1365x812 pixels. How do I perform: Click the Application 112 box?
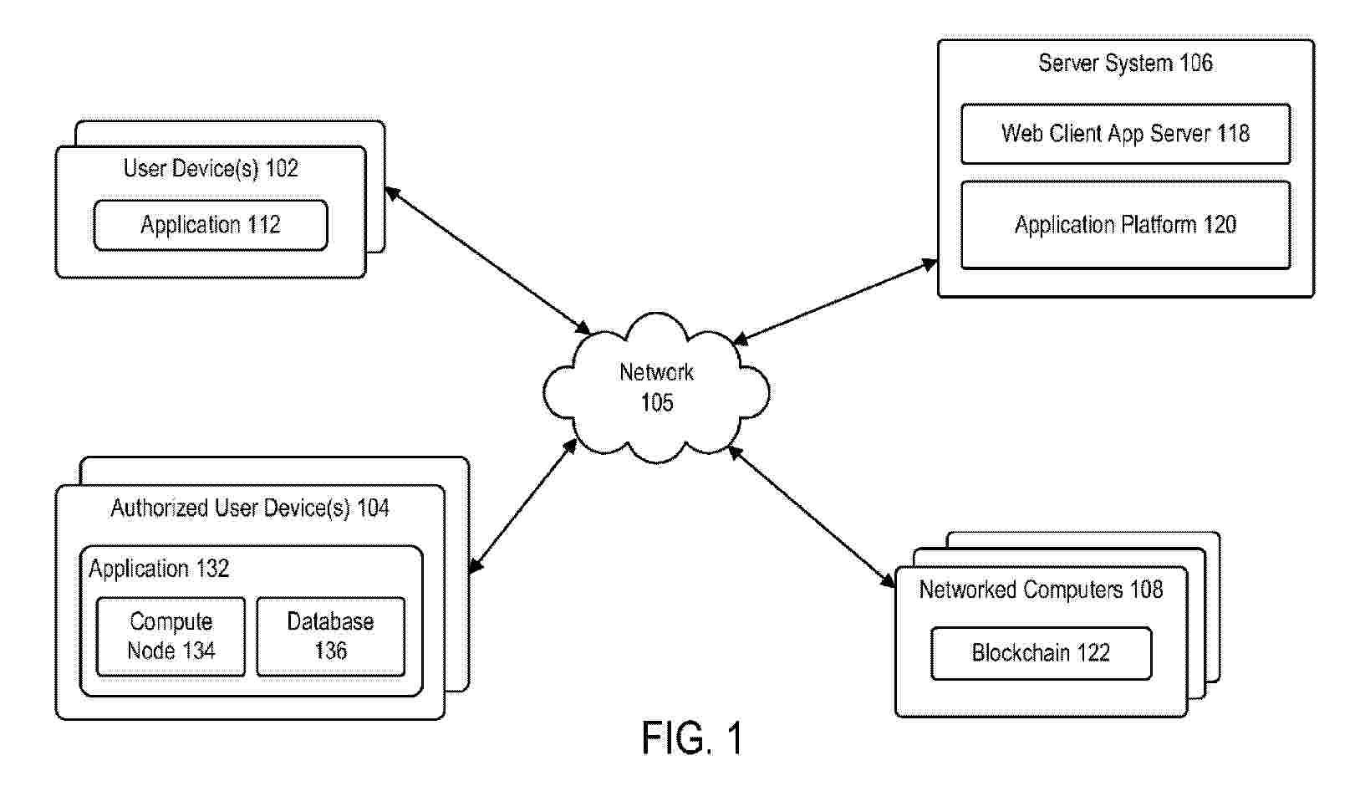coord(210,225)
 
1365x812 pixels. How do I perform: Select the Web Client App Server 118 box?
coord(1125,134)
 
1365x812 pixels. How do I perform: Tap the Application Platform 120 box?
coord(1125,225)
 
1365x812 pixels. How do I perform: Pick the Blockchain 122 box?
coord(1041,653)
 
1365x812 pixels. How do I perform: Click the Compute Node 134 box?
coord(171,636)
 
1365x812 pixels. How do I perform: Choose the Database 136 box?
coord(330,636)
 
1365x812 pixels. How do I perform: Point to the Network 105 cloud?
coord(656,388)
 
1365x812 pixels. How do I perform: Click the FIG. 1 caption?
coord(692,739)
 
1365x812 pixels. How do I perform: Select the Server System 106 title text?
coord(1125,64)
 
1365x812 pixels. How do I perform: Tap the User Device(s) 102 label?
coord(211,169)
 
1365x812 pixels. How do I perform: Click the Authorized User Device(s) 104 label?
coord(250,508)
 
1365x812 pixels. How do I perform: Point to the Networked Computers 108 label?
coord(1041,590)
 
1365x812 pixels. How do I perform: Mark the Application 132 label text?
coord(159,569)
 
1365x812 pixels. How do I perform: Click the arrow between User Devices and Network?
coord(487,260)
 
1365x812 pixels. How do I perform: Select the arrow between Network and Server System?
coord(835,301)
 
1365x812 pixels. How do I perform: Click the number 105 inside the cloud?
coord(657,403)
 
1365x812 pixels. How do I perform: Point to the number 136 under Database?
coord(330,651)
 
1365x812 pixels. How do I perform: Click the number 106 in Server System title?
coord(1196,64)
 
